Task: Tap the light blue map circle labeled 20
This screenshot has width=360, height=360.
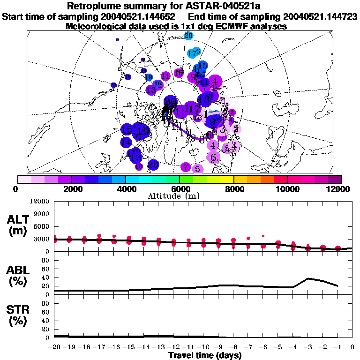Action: pyautogui.click(x=188, y=36)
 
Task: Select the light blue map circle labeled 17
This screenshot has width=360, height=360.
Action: pyautogui.click(x=193, y=53)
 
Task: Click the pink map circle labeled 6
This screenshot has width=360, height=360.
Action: pyautogui.click(x=213, y=157)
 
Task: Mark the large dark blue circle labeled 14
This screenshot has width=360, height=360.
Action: pyautogui.click(x=126, y=142)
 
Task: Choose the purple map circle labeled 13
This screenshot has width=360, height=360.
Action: pyautogui.click(x=151, y=90)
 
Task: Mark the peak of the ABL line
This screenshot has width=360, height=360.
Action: pyautogui.click(x=307, y=278)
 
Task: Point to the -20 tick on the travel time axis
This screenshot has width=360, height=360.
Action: pyautogui.click(x=55, y=347)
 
